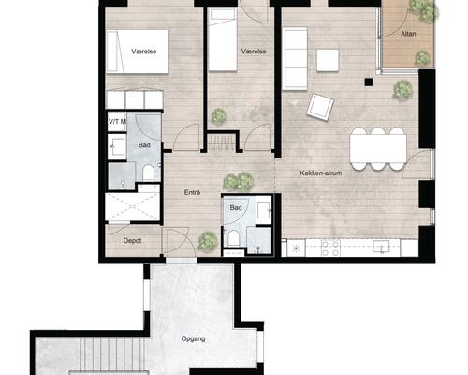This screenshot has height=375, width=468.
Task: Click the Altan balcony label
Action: (408, 34)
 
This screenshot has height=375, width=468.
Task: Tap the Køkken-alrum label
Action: (321, 172)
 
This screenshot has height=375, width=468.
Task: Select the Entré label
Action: (192, 192)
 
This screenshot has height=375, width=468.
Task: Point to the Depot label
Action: (132, 241)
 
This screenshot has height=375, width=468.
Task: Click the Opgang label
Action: (193, 338)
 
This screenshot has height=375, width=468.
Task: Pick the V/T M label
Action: (117, 121)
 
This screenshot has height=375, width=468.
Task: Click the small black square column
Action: (369, 82)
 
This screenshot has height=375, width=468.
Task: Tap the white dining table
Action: (378, 148)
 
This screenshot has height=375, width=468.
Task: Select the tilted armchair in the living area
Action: (320, 107)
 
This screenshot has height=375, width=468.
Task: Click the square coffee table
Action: (328, 60)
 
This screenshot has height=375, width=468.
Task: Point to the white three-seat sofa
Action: (295, 59)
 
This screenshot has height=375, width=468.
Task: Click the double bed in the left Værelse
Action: (138, 52)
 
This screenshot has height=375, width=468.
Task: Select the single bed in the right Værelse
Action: (223, 39)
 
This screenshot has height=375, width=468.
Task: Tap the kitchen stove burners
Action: (330, 248)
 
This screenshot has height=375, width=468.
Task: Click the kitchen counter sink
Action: (381, 247)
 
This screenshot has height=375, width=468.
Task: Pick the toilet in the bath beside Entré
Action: (233, 238)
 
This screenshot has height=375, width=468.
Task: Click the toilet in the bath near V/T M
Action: (148, 172)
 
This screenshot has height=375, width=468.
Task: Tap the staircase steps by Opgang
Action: (112, 354)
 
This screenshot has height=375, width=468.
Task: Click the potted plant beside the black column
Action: (402, 90)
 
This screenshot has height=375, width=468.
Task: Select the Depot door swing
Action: (118, 229)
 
